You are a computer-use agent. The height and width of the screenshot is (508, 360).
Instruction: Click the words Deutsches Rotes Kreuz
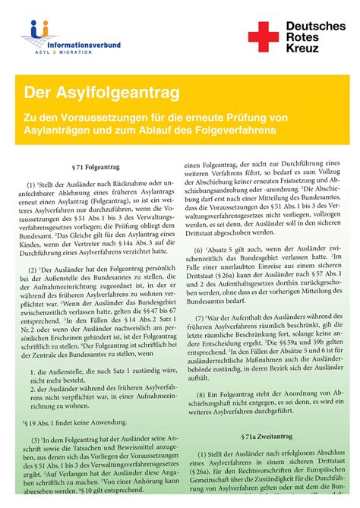pos(315,37)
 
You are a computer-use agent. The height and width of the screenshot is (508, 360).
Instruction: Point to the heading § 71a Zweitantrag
pos(267,438)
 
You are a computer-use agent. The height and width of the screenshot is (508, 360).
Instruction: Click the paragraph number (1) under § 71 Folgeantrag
pos(30,184)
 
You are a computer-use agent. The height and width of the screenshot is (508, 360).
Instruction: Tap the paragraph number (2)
pos(33,270)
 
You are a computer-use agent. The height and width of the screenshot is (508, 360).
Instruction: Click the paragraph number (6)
pos(199,249)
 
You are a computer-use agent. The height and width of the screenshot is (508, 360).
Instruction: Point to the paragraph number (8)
pos(200,395)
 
